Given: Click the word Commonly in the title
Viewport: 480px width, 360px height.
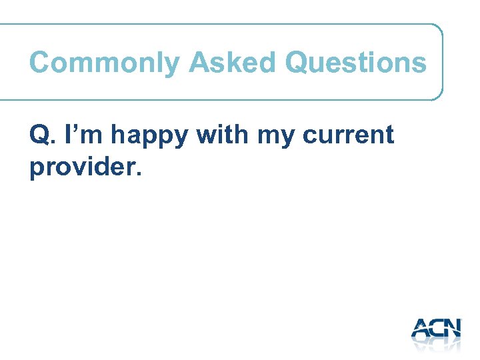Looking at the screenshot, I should point(105,63).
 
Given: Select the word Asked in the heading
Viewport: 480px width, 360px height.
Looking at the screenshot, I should point(232,63).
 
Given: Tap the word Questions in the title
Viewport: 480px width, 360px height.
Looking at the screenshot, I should point(355,63).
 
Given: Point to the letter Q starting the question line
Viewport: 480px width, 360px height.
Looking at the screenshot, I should point(39,135).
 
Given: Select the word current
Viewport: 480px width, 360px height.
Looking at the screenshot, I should point(348,135).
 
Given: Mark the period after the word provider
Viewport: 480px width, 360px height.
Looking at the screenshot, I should point(139,175).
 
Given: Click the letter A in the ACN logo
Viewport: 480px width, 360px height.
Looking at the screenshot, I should point(423,328).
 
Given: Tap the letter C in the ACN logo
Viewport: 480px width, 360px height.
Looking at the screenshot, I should point(439,328).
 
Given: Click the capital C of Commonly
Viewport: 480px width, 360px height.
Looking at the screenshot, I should point(39,63).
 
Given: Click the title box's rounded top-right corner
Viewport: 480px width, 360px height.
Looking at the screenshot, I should point(439,29).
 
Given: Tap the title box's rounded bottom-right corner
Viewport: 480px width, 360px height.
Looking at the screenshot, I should point(439,95).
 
